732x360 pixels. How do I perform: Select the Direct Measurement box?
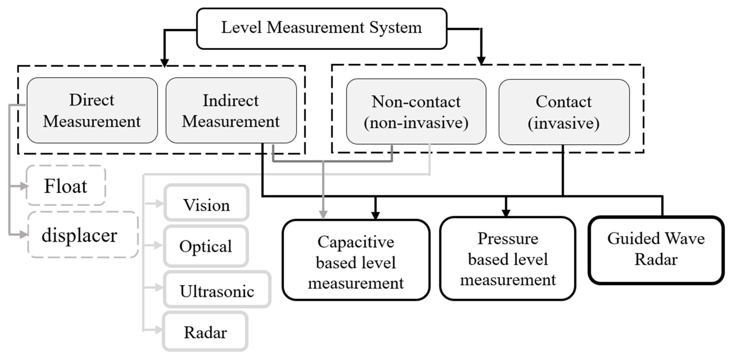click(x=92, y=110)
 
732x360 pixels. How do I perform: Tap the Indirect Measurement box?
click(x=231, y=110)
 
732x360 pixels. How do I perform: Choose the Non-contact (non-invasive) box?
click(x=416, y=112)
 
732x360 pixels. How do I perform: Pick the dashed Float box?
click(x=66, y=186)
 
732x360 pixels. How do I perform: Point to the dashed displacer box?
click(x=82, y=235)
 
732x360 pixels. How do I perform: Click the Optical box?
click(x=206, y=246)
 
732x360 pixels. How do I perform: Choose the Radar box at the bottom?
click(x=205, y=331)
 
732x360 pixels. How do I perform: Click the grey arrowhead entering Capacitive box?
click(x=323, y=215)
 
